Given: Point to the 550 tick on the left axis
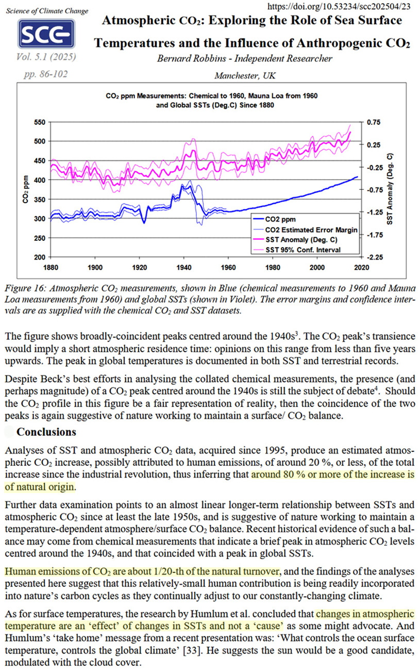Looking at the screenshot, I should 39,122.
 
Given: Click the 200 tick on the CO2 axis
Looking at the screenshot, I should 39,257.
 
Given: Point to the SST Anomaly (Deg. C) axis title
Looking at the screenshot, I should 390,189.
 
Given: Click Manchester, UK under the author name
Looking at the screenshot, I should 244,76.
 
